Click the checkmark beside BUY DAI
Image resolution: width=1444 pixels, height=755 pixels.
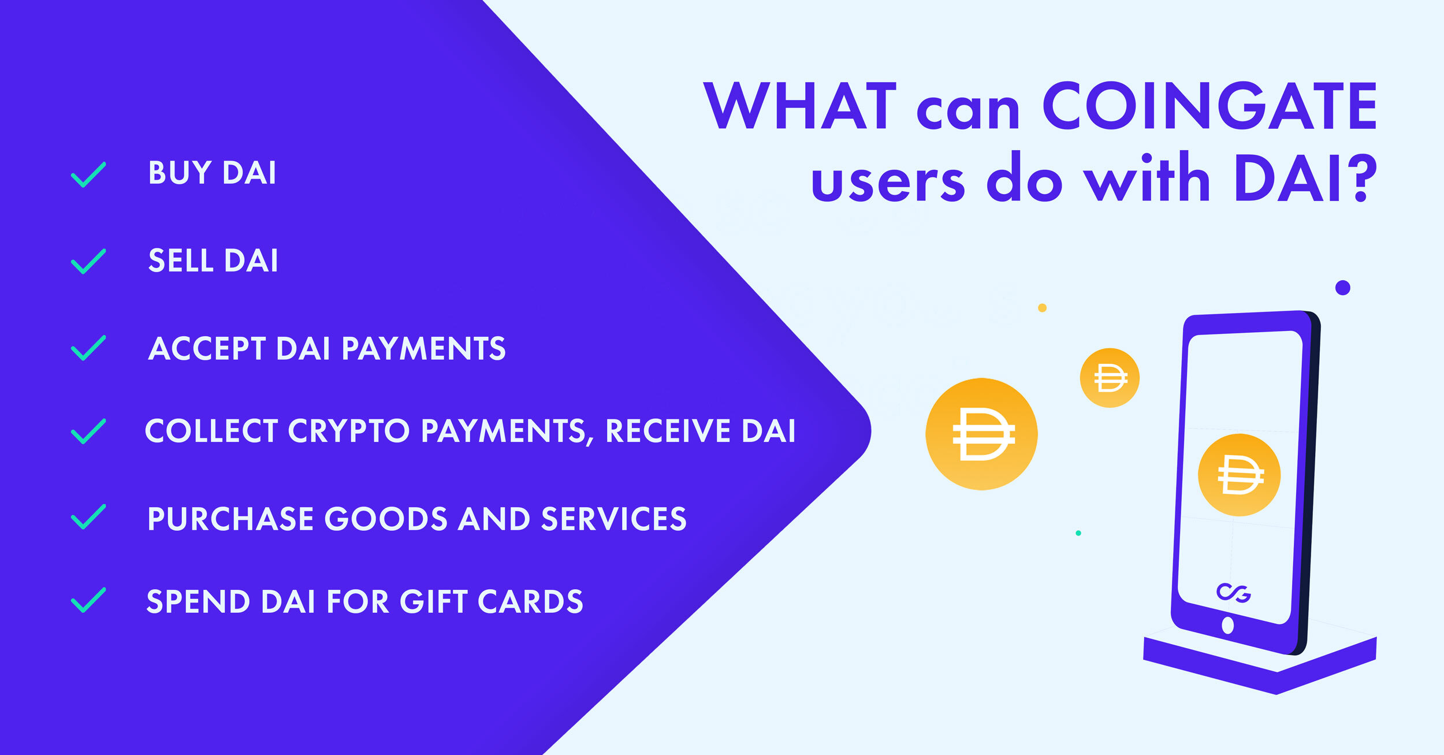pyautogui.click(x=88, y=174)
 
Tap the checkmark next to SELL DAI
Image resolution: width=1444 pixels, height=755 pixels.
pyautogui.click(x=88, y=261)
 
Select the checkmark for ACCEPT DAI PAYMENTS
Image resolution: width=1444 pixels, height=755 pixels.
pyautogui.click(x=88, y=348)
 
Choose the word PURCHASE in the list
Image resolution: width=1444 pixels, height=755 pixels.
pyautogui.click(x=230, y=519)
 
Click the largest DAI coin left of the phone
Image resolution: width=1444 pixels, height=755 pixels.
pyautogui.click(x=981, y=434)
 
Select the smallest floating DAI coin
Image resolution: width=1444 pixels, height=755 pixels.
pyautogui.click(x=1110, y=378)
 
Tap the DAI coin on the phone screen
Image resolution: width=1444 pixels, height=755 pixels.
pyautogui.click(x=1240, y=475)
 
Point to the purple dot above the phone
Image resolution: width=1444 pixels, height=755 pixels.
pyautogui.click(x=1343, y=288)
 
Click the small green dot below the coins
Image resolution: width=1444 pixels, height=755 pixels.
pyautogui.click(x=1078, y=533)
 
